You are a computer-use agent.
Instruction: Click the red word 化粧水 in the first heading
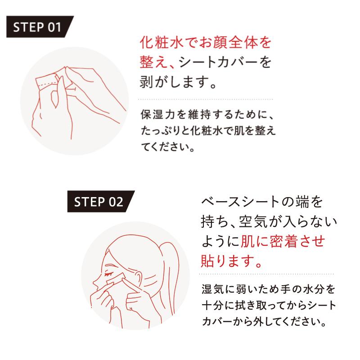point(162,43)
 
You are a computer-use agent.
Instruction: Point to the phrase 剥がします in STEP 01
point(174,82)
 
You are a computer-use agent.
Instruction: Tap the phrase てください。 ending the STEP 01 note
point(168,147)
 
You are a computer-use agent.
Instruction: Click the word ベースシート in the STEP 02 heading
point(240,202)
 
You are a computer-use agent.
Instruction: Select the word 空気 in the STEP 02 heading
point(253,222)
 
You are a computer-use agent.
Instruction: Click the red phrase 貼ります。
point(231,261)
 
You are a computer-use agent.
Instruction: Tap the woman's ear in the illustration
point(138,278)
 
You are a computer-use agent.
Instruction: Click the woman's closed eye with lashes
point(109,274)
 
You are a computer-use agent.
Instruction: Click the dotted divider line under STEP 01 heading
point(206,99)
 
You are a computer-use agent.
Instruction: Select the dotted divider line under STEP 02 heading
point(266,274)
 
